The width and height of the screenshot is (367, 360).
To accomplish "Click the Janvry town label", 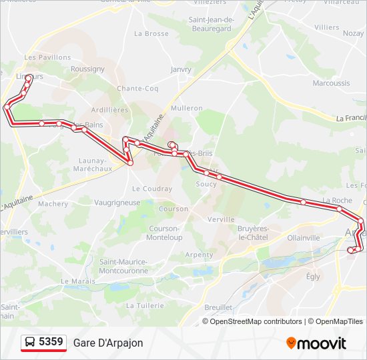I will point(181,69).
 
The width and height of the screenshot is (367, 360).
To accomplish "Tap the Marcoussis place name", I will point(331,83).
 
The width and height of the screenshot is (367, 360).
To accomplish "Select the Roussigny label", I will point(87,69).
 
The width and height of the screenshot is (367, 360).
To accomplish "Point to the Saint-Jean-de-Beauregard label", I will point(211,24).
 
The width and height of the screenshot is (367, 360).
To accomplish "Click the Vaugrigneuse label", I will point(117,203).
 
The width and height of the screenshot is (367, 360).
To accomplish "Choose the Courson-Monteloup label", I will point(164,233).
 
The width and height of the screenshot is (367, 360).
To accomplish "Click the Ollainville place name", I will point(304,237).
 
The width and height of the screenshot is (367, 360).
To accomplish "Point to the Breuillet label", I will point(218,307).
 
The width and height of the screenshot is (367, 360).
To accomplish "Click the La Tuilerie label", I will point(145,305).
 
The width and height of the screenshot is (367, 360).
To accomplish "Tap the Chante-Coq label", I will point(137,88).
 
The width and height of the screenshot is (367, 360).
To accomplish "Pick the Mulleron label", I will point(187,108).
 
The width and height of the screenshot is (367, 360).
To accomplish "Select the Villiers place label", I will point(327,27).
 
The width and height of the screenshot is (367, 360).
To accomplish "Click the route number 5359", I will point(51,342).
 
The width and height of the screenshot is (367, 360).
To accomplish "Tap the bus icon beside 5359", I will point(30,343).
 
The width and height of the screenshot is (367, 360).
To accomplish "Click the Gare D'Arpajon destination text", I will point(108,343).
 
